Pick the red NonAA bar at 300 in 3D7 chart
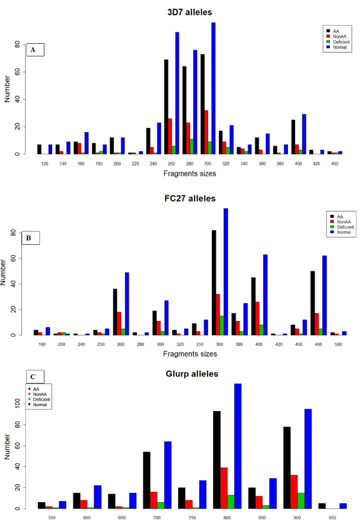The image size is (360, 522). click(x=206, y=132)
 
